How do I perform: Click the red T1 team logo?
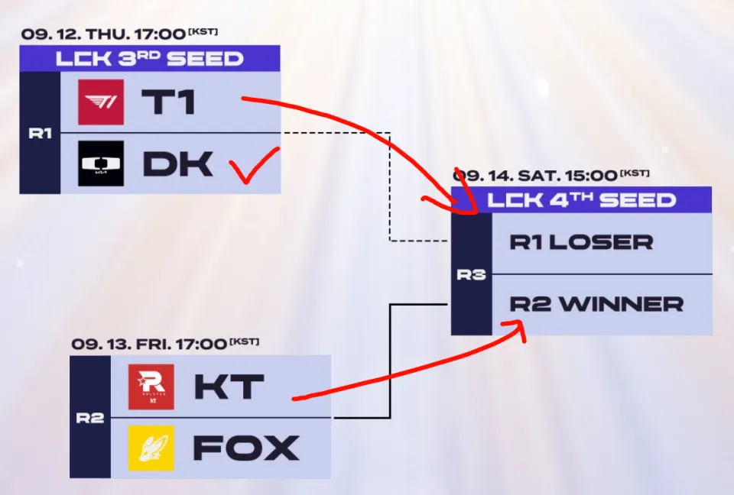100,102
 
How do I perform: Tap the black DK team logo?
100,163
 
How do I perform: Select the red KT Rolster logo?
151,387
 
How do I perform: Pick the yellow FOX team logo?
151,448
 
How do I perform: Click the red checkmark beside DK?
255,167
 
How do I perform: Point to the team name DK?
177,163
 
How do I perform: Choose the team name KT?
227,387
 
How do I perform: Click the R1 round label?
40,134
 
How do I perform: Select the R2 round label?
89,418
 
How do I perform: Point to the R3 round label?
471,274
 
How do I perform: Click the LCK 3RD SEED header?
149,59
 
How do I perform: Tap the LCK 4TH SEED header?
582,200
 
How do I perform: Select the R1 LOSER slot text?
581,243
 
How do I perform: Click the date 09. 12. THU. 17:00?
103,34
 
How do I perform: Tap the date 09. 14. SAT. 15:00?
539,175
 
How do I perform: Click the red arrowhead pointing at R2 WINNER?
518,327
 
